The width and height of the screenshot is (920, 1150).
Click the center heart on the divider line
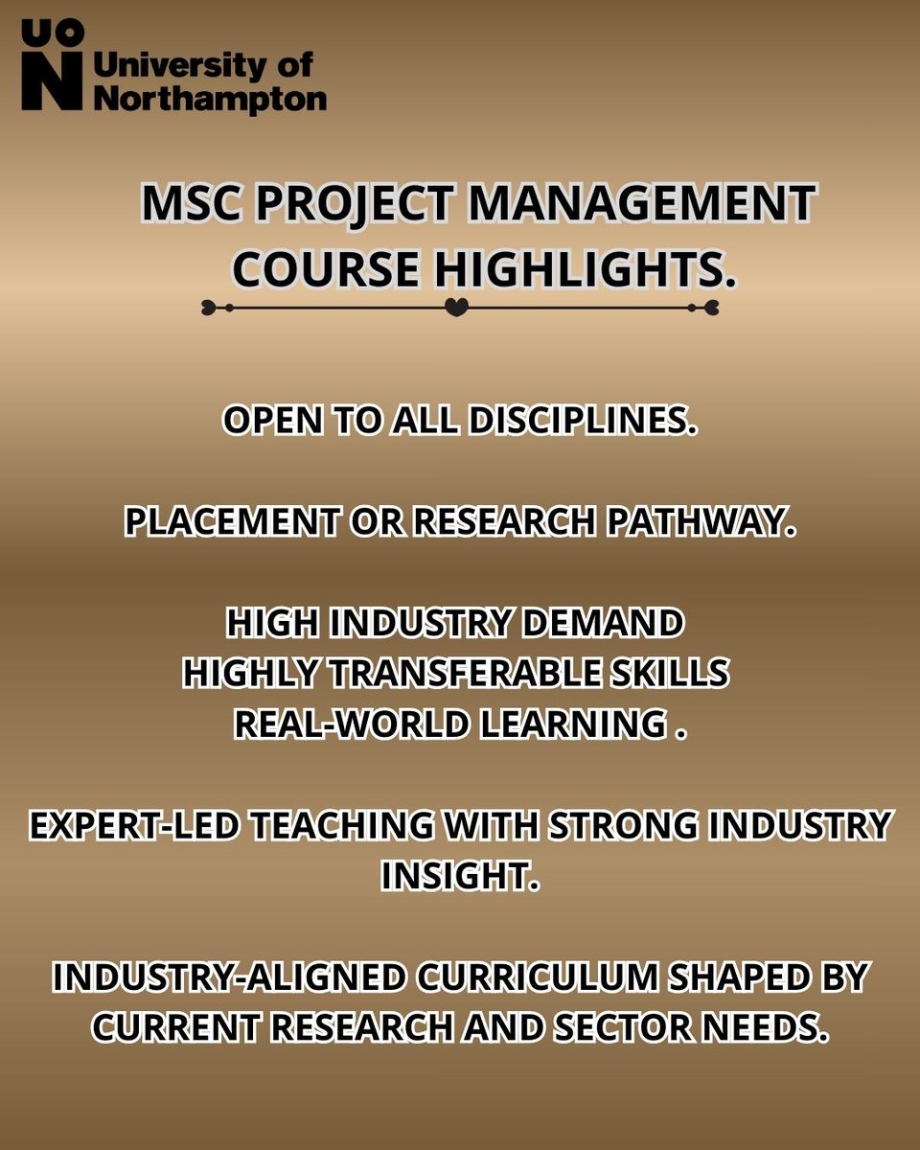[458, 308]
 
